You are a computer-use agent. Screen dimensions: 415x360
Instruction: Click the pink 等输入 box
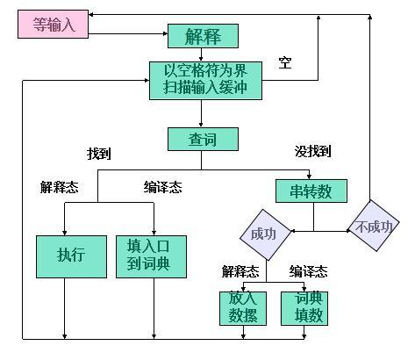pos(53,24)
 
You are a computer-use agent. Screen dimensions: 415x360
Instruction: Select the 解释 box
pos(203,36)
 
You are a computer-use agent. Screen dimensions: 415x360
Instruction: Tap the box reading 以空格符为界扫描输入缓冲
pos(205,81)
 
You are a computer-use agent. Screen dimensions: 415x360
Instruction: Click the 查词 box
pos(203,139)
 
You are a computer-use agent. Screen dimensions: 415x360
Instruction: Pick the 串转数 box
pos(311,191)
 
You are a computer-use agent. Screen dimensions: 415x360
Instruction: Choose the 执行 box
pos(71,256)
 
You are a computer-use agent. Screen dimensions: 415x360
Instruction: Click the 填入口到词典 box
pos(151,256)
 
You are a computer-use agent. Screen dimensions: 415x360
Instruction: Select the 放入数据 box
pos(243,308)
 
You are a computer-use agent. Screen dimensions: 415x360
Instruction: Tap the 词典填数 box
pos(304,308)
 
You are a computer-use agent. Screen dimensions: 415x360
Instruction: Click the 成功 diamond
pos(265,234)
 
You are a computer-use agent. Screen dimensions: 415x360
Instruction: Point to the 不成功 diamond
pos(374,226)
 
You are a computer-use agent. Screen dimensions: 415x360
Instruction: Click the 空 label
pos(285,62)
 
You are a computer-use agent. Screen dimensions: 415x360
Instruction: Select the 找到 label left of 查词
pos(99,154)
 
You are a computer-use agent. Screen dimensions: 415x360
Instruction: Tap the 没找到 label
pos(312,151)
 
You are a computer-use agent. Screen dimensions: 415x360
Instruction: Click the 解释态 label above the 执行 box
pos(59,187)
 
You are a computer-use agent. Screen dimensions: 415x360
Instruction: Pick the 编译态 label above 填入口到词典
pos(162,187)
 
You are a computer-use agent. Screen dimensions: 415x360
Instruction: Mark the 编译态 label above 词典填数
pos(308,271)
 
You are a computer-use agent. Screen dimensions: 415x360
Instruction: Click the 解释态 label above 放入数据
pos(240,271)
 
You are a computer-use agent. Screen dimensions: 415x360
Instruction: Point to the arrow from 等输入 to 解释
pos(128,33)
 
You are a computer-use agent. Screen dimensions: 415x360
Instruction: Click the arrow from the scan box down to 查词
pos(201,113)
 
